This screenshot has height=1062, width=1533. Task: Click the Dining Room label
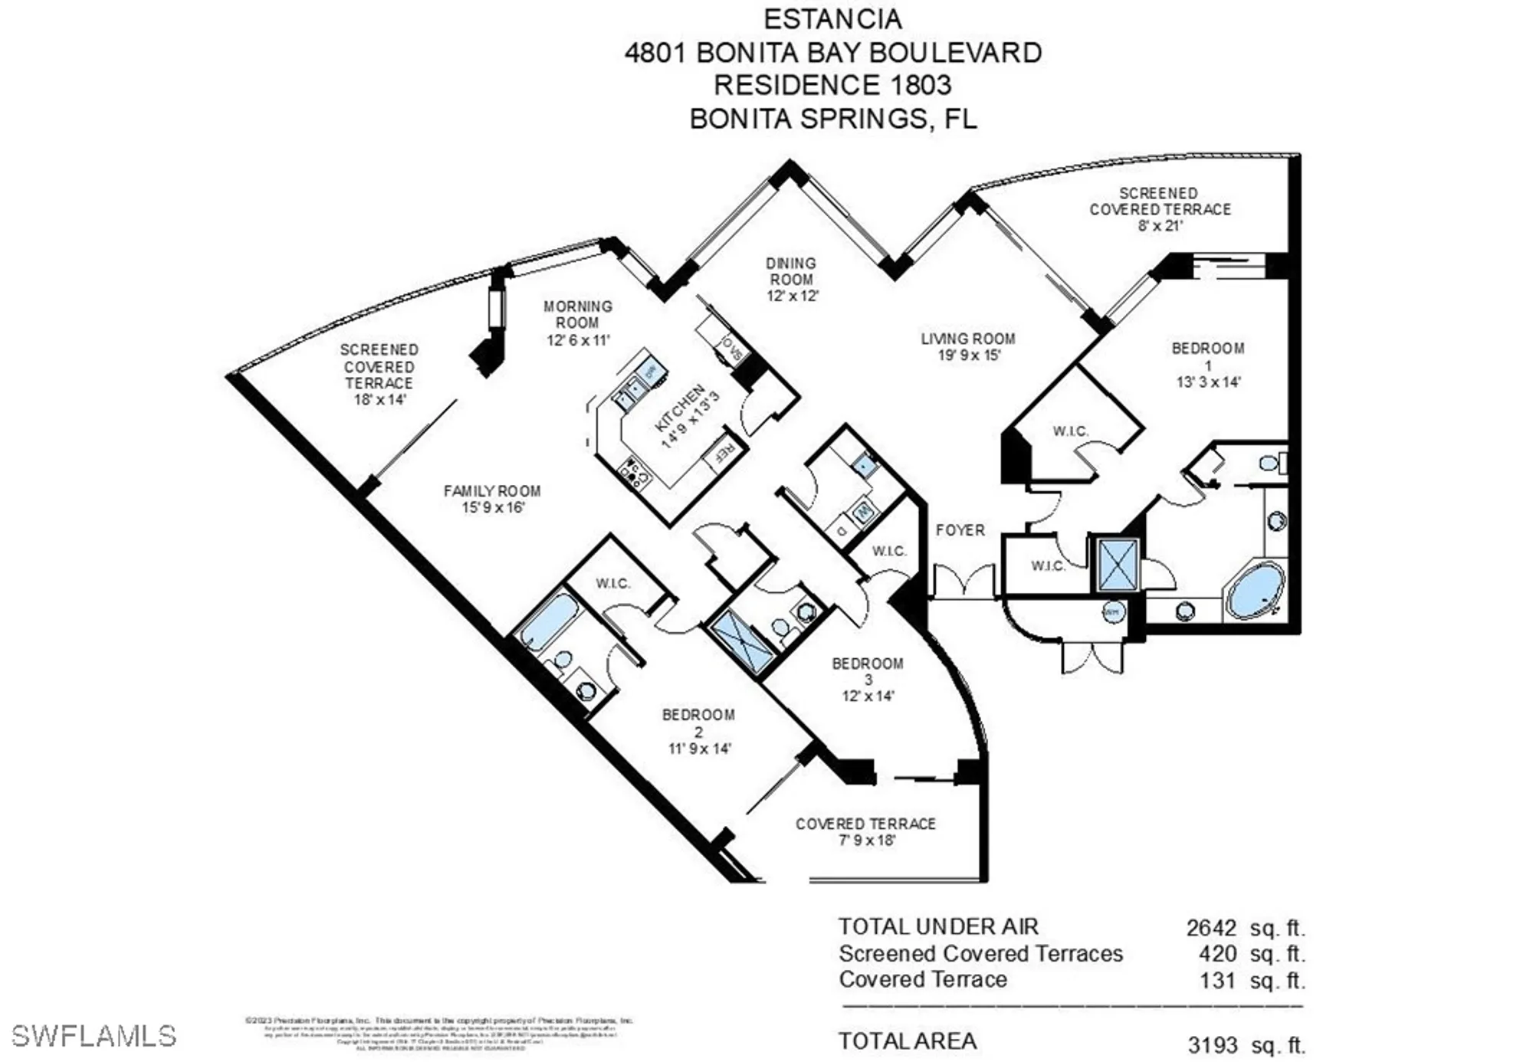point(791,271)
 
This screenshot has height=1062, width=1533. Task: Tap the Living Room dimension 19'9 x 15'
point(969,356)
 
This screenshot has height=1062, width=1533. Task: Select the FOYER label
point(960,530)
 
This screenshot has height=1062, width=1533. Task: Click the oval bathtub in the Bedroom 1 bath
point(1256,591)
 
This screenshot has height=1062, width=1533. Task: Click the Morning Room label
point(578,314)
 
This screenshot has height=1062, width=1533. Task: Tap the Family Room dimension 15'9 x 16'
point(493,507)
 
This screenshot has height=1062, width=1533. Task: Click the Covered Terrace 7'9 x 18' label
point(865,831)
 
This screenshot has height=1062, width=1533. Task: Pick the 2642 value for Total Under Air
point(1211,928)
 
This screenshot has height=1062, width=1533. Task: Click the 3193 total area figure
point(1213,1044)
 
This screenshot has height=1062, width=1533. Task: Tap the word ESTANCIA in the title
point(832,19)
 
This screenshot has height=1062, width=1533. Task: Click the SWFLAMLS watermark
point(94,1036)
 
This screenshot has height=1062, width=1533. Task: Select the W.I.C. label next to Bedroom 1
point(1070,431)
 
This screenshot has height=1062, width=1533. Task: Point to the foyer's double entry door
point(963,582)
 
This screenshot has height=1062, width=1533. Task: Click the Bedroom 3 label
point(868,671)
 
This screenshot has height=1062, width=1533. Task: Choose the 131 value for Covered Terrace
point(1218,980)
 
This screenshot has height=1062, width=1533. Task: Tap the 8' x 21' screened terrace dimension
point(1160,226)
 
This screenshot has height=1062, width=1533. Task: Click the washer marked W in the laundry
point(864,511)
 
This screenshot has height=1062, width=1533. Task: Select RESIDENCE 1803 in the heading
point(832,85)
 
